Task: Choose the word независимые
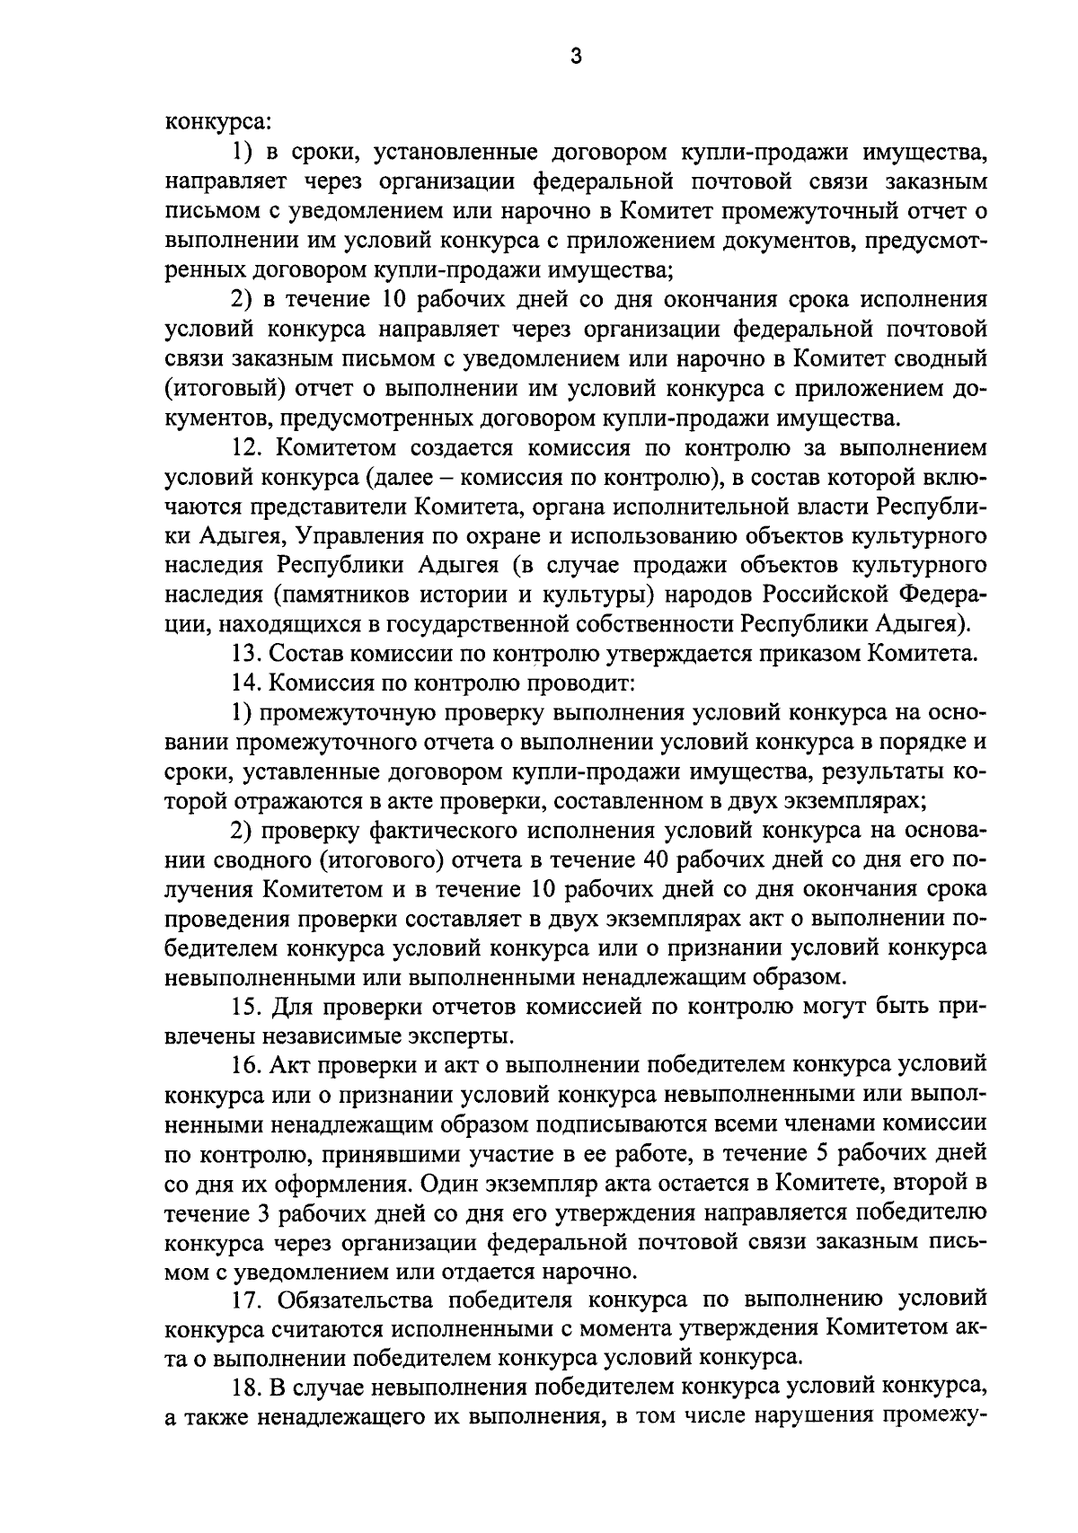coord(329,1035)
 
